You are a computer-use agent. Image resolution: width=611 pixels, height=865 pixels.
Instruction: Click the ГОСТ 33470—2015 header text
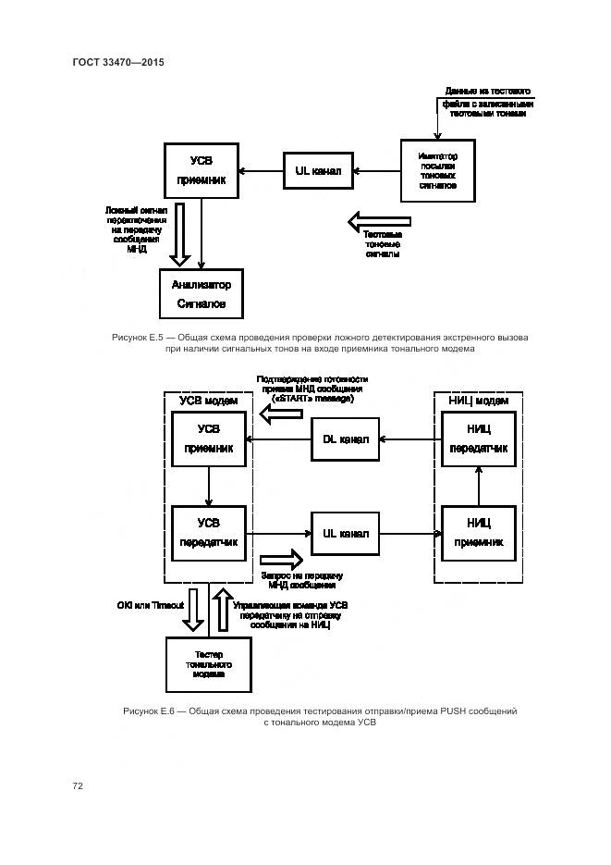(x=117, y=62)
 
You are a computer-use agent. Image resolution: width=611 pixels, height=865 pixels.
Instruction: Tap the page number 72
(x=78, y=785)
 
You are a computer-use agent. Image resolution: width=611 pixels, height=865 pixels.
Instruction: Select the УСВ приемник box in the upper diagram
(x=201, y=170)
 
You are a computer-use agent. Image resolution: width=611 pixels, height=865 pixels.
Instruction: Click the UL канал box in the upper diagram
(x=317, y=171)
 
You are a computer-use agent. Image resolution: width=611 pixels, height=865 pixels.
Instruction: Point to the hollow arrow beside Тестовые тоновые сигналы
(x=379, y=222)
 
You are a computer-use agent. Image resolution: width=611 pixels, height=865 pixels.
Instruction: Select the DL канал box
(x=346, y=439)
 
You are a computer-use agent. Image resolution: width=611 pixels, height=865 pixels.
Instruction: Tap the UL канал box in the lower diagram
(x=346, y=533)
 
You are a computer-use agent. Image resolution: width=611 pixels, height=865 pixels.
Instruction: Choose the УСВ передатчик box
(x=209, y=533)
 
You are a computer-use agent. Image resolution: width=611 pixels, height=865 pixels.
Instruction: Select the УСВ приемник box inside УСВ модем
(x=209, y=439)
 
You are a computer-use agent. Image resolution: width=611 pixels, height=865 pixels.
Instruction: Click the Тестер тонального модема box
(x=209, y=664)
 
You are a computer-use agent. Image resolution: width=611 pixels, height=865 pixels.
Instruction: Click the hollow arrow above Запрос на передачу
(x=282, y=561)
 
